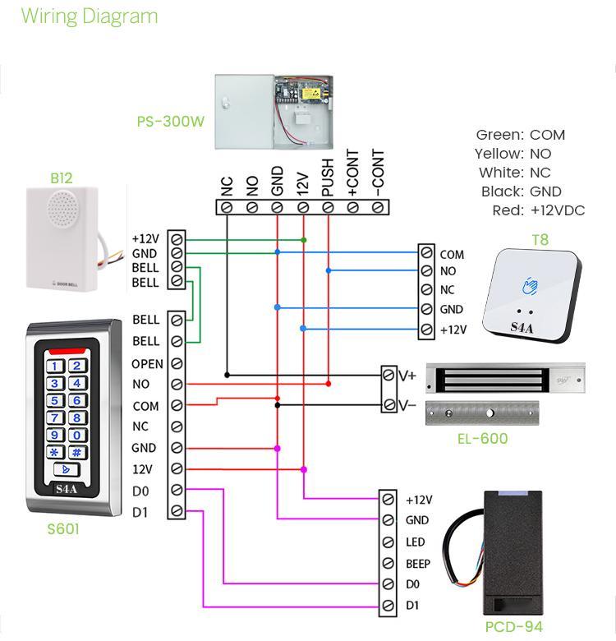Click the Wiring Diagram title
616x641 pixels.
click(89, 16)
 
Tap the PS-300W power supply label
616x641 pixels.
click(170, 122)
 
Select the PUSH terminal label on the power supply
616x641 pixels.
click(328, 178)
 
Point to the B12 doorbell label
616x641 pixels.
click(61, 178)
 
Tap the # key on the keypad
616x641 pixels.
click(76, 452)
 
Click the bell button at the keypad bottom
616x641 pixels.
click(66, 470)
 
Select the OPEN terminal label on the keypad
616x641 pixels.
click(147, 364)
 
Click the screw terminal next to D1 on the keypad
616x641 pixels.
click(177, 512)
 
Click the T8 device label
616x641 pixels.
click(540, 241)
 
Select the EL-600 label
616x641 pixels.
click(482, 439)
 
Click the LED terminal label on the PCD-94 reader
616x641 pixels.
click(416, 542)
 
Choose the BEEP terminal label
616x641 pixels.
click(418, 564)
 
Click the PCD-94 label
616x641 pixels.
click(513, 627)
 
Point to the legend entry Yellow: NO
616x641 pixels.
click(513, 154)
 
